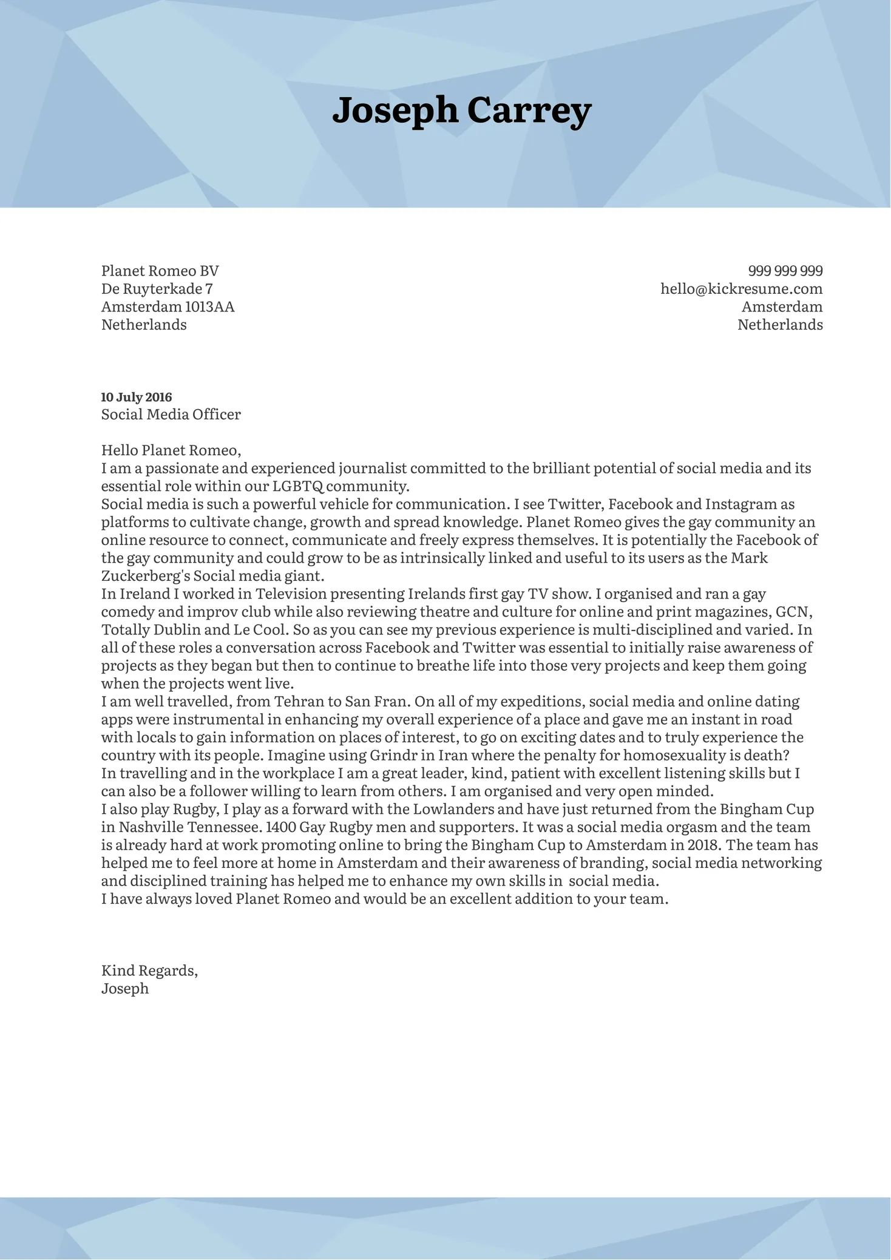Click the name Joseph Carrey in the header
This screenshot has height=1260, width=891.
click(x=461, y=110)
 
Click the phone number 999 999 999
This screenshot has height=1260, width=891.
click(x=785, y=271)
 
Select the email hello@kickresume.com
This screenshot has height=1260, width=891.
click(x=741, y=289)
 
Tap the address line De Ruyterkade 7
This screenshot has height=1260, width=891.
click(x=157, y=289)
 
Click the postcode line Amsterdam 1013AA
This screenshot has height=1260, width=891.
click(x=168, y=307)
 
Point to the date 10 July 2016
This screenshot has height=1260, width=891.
click(x=136, y=398)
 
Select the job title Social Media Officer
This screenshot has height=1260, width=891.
click(x=171, y=415)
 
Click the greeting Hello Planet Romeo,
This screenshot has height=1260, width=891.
click(x=171, y=450)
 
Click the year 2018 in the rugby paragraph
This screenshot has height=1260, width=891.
click(x=704, y=845)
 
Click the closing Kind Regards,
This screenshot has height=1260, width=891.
click(x=149, y=970)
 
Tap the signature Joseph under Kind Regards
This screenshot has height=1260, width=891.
click(x=124, y=989)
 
